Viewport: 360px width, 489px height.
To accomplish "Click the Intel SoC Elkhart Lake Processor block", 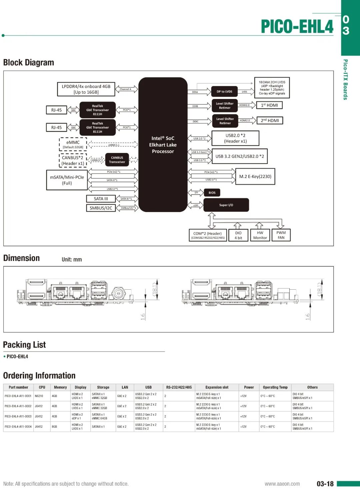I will point(163,145).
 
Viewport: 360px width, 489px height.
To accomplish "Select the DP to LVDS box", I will point(224,92).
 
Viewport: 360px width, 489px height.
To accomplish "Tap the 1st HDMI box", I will point(269,105).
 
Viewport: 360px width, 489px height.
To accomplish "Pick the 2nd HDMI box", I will point(270,120).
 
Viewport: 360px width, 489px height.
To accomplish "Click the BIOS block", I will point(212,193).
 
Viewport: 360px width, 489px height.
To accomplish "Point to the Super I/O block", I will point(226,205).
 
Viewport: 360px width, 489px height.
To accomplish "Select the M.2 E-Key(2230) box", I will point(255,176).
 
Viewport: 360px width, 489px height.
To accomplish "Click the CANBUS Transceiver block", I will point(117,160).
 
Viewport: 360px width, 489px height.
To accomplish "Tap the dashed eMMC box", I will point(73,144).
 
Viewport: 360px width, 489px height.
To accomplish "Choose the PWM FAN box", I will point(281,235).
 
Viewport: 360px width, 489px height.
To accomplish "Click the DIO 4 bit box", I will point(238,235).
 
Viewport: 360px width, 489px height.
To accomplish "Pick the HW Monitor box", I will point(260,235).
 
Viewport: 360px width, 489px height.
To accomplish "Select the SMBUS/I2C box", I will point(101,208).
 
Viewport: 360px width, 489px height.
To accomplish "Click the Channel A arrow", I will point(126,89).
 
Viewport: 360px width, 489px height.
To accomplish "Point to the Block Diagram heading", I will point(29,63).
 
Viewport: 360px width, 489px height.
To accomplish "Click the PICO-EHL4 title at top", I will point(297,27).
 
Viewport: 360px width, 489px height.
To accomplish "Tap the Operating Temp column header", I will point(275,387).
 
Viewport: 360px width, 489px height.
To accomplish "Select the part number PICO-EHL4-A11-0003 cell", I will point(18,416).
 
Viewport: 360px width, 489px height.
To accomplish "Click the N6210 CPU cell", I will point(39,396).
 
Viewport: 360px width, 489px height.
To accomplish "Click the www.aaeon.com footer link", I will point(282,484).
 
